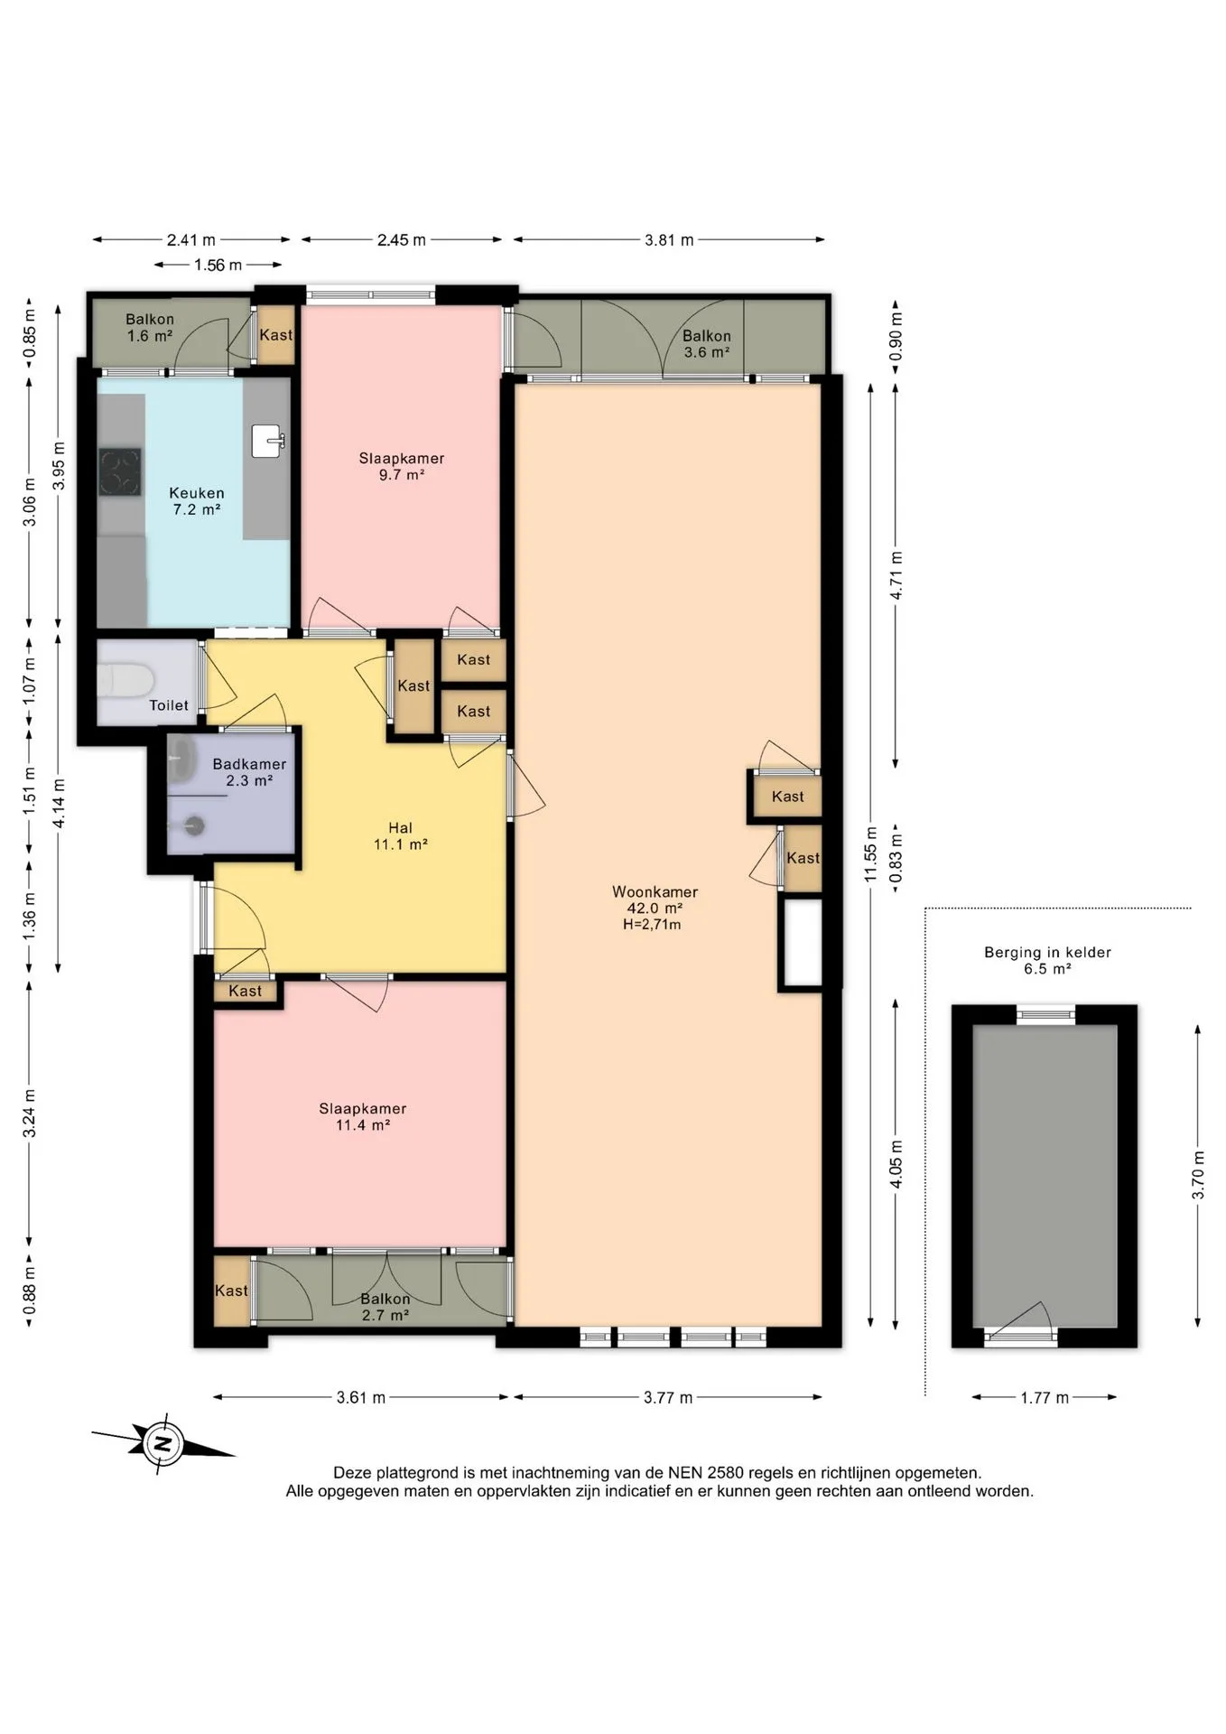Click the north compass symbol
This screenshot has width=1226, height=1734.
163,1442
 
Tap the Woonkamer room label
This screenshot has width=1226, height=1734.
655,891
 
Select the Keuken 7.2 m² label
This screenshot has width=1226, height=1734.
197,501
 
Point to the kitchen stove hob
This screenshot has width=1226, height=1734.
120,471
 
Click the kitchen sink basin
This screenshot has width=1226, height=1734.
269,441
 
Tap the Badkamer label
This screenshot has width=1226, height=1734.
249,764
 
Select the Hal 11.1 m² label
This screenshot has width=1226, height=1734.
400,836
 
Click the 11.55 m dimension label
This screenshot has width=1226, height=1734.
870,854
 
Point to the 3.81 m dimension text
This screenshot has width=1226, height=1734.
669,240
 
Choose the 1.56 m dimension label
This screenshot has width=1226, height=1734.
218,266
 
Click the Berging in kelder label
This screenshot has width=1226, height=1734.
1047,952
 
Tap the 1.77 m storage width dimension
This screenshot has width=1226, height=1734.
1045,1398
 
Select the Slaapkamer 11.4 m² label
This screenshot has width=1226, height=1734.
363,1117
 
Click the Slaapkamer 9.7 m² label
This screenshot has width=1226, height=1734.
402,466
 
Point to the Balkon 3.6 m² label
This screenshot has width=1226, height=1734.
707,344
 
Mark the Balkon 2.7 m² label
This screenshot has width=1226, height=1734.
385,1307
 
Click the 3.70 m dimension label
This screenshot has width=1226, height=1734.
1198,1175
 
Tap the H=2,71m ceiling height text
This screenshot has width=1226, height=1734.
652,925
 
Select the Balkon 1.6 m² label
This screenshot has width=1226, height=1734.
150,328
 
